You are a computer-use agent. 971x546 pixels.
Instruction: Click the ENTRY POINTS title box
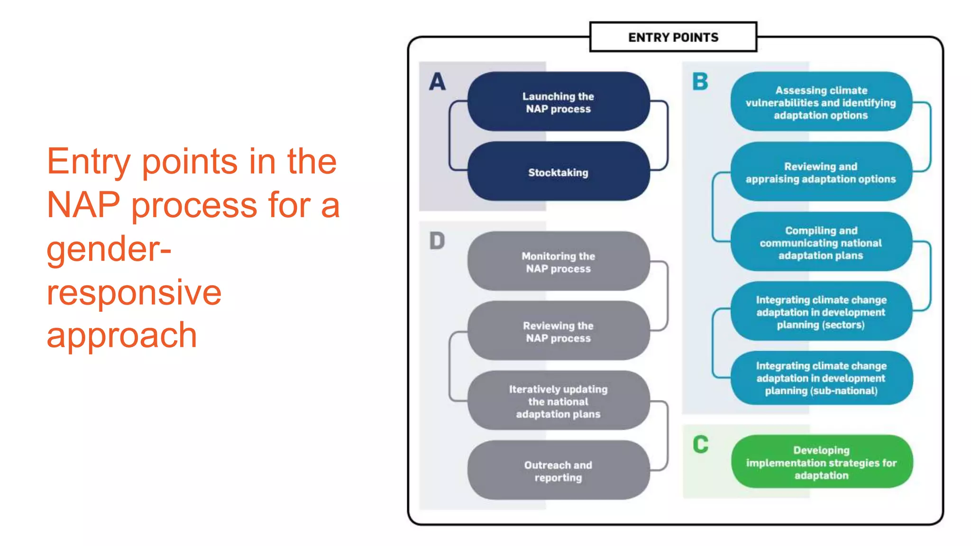[673, 37]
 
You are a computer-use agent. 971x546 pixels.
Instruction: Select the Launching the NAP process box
[558, 102]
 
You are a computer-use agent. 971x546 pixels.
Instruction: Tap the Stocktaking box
[558, 172]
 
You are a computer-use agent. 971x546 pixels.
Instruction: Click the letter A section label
[437, 82]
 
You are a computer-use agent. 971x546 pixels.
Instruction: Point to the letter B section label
[700, 82]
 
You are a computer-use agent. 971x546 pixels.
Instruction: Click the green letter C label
[700, 445]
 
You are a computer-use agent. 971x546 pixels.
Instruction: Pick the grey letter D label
[437, 241]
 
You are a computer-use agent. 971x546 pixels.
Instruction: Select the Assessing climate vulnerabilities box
[821, 102]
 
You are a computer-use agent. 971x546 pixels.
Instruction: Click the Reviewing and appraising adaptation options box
[821, 173]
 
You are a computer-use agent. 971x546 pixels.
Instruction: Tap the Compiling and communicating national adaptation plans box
[821, 242]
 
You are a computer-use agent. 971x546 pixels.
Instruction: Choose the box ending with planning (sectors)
[821, 312]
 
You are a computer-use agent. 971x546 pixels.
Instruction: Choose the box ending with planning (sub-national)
[821, 378]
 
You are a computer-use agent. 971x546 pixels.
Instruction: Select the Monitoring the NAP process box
[558, 262]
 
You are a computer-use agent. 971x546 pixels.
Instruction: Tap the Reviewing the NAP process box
[558, 331]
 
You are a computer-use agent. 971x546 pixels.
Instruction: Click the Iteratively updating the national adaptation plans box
[558, 401]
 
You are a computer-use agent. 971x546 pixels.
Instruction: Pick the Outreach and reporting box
[558, 471]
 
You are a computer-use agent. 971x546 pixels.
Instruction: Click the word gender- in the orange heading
[109, 249]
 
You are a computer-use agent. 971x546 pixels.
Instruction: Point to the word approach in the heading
[121, 336]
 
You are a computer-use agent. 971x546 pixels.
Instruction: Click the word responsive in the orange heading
[134, 292]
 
